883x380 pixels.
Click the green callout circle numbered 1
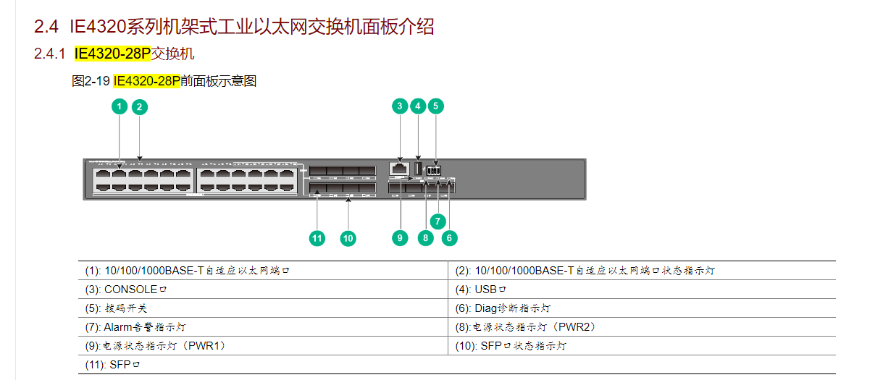pos(120,107)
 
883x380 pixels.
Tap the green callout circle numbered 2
pos(140,107)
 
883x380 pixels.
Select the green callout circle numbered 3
pos(400,106)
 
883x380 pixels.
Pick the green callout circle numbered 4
pos(417,106)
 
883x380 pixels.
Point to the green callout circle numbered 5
pos(435,106)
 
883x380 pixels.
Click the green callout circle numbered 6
pos(449,237)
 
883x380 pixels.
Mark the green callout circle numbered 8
pos(425,237)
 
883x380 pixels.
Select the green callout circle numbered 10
pos(348,237)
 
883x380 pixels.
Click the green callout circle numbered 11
pos(317,237)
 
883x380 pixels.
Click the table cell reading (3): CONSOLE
pos(263,290)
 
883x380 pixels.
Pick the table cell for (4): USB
pos(641,290)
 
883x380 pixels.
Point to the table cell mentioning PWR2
pos(641,327)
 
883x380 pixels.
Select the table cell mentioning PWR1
pos(263,346)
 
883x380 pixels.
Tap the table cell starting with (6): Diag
pos(641,308)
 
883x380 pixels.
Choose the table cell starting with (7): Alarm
pos(263,327)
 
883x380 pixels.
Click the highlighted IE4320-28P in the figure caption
pos(147,82)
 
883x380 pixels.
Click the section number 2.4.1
pos(50,54)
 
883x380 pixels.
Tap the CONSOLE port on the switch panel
pos(398,169)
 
